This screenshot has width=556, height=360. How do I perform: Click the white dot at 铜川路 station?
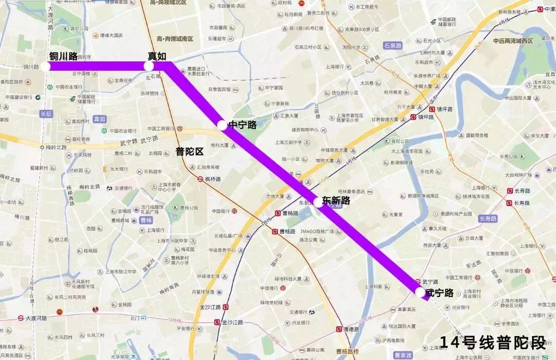click(x=45, y=66)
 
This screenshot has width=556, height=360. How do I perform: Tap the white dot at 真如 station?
click(x=149, y=66)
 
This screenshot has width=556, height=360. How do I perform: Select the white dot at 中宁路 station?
click(x=222, y=125)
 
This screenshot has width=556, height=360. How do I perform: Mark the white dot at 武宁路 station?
click(x=420, y=292)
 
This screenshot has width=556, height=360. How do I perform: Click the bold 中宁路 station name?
click(x=242, y=125)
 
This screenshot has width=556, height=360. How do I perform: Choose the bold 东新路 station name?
click(x=336, y=200)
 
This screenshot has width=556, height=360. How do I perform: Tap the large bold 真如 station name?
click(x=157, y=55)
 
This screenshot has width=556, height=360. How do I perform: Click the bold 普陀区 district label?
click(x=189, y=152)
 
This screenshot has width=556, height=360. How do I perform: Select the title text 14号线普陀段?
click(x=492, y=343)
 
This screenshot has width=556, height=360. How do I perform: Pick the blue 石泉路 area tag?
click(x=392, y=46)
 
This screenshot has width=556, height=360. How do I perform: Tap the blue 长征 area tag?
click(x=46, y=114)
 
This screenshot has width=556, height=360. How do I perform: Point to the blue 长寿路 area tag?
click(x=488, y=219)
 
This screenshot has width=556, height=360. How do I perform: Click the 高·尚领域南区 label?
click(x=175, y=39)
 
